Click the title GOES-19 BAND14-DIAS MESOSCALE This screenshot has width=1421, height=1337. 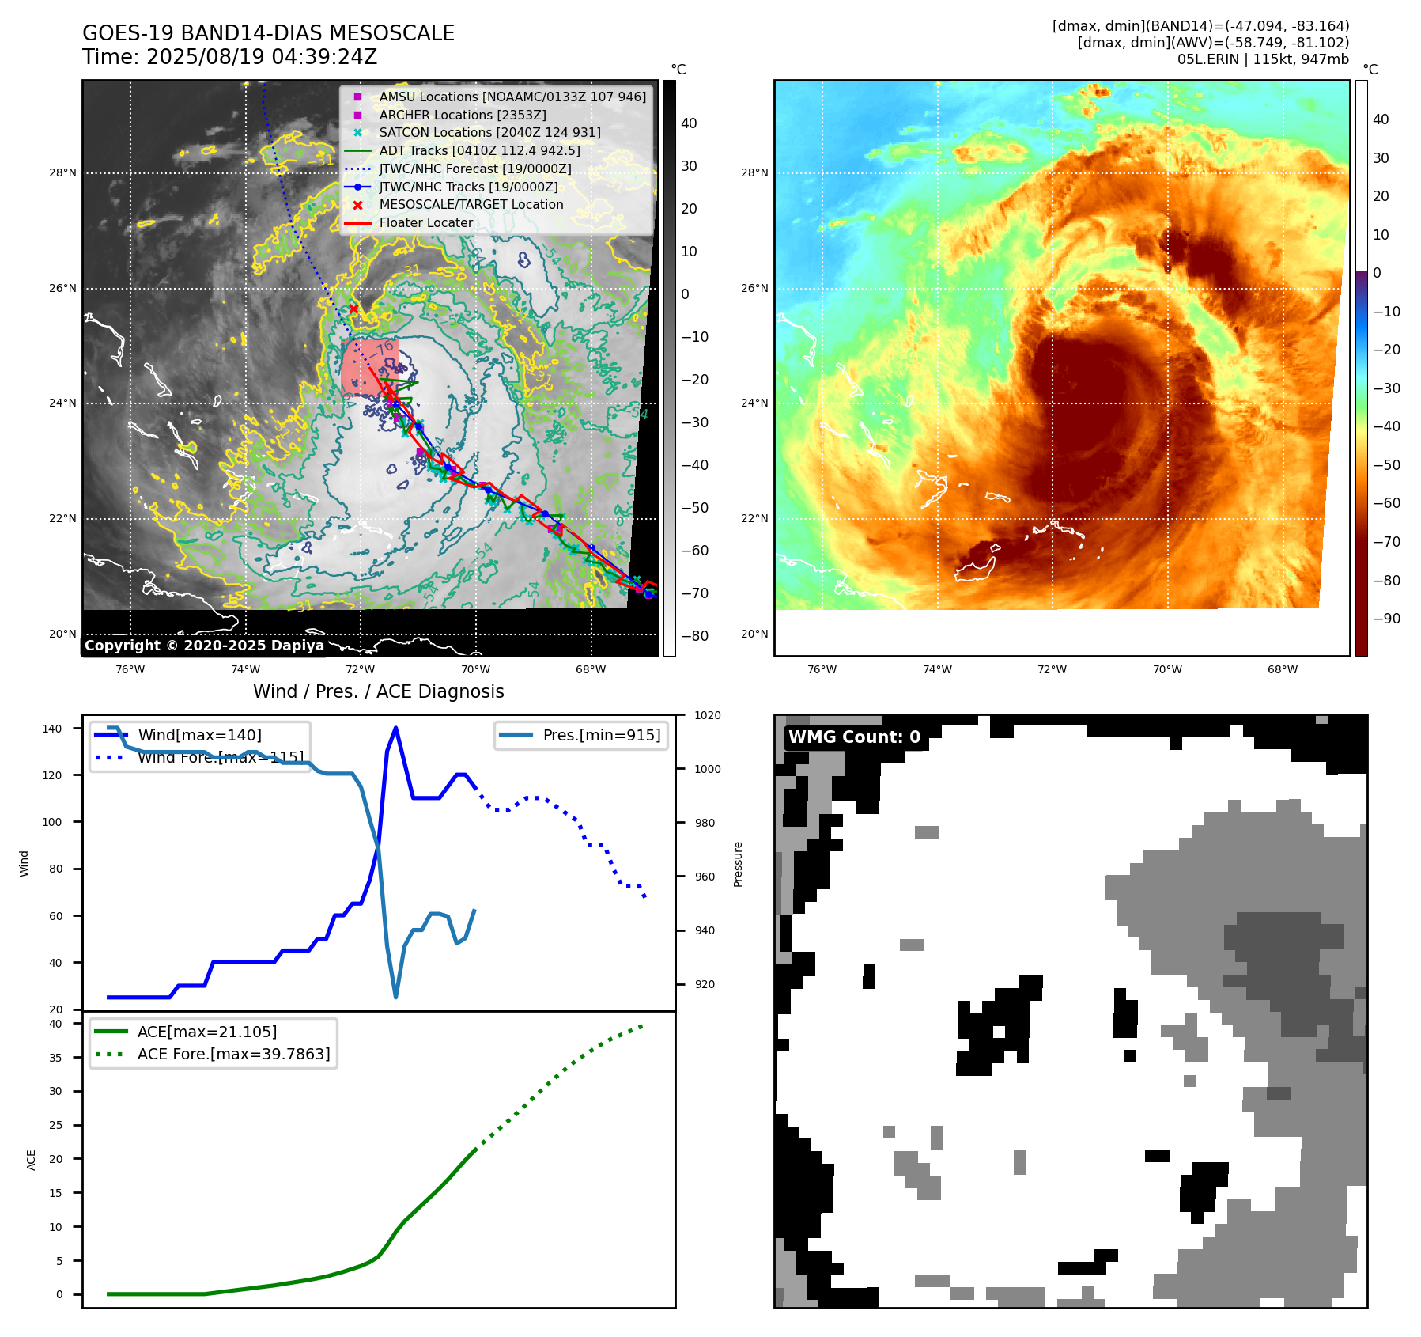click(x=268, y=33)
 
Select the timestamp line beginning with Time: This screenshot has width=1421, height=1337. click(x=229, y=57)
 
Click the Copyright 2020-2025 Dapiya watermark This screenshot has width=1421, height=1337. click(x=204, y=646)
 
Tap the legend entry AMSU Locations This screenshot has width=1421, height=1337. click(x=512, y=97)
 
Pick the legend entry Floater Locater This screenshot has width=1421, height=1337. click(x=425, y=222)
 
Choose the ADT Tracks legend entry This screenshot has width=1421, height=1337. click(x=479, y=150)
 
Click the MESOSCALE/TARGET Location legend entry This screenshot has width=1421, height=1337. click(x=471, y=204)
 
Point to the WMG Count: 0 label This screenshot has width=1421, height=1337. click(x=854, y=737)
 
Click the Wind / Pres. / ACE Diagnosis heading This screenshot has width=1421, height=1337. click(x=378, y=691)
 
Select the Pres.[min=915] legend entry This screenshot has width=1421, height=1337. click(x=601, y=735)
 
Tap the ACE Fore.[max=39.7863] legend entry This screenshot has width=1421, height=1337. click(x=233, y=1054)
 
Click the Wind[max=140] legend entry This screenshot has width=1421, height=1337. click(x=199, y=735)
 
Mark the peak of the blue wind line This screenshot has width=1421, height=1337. click(x=395, y=728)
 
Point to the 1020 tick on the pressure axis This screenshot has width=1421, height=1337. click(x=707, y=716)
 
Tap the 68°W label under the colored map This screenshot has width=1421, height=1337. click(x=1282, y=669)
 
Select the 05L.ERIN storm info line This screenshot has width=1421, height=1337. click(x=1263, y=59)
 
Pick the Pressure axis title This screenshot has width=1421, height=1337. click(x=738, y=864)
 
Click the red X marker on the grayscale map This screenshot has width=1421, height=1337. click(x=353, y=309)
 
